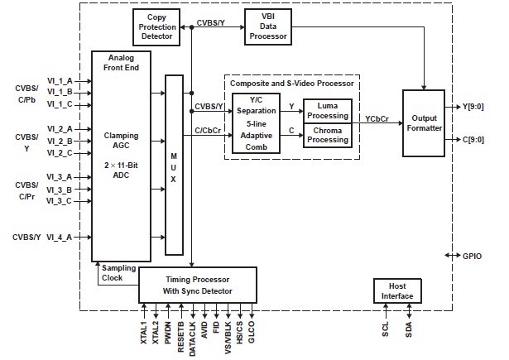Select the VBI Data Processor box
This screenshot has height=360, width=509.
click(x=267, y=27)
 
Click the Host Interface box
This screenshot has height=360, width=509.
click(x=395, y=290)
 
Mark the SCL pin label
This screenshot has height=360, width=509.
click(x=385, y=328)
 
